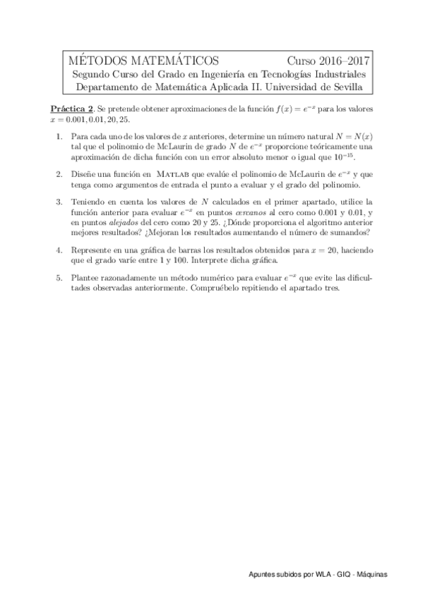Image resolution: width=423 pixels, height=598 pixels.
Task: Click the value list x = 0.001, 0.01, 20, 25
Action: tap(90, 120)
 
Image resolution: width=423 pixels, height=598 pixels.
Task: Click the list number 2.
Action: tap(59, 174)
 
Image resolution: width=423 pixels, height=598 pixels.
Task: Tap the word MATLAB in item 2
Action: tap(174, 174)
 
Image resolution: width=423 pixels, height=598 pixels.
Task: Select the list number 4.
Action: tap(59, 250)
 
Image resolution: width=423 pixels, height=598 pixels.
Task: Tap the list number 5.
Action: tap(59, 279)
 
